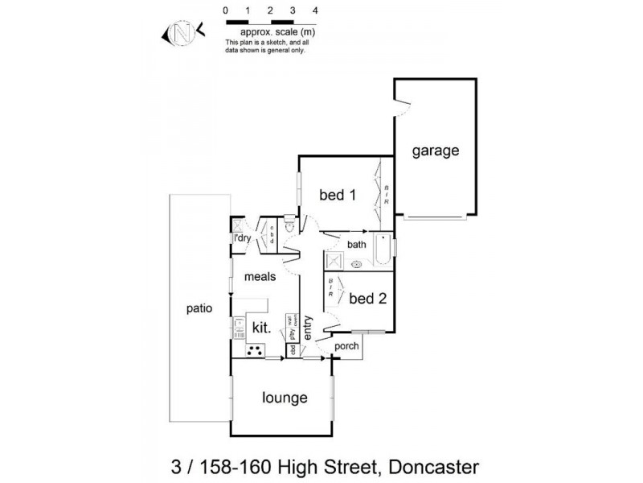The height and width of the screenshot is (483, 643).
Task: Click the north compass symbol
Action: coord(182,34)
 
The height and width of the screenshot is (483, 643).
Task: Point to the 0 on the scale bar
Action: coord(227,10)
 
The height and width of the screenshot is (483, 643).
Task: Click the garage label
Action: coord(436,151)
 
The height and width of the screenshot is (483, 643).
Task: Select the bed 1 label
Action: coord(338,195)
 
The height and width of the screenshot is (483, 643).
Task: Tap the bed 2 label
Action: coord(368,299)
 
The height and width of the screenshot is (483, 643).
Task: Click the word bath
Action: coord(358,244)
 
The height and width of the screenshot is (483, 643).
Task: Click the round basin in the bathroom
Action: coord(356,263)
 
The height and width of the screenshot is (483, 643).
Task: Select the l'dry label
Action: coord(241,238)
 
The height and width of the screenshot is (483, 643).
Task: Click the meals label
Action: coord(260,276)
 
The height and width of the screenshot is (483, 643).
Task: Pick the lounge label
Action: coord(285,398)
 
